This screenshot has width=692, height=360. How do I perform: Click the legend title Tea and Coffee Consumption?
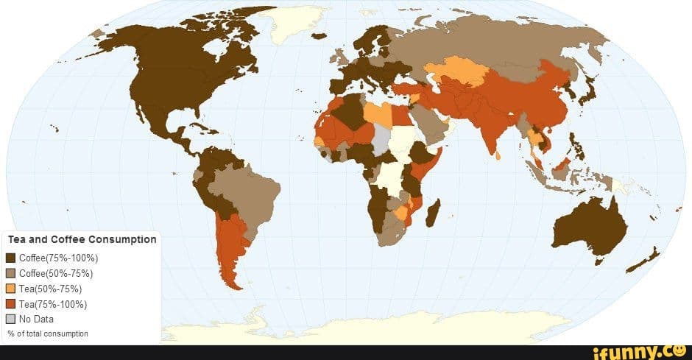tap(82, 239)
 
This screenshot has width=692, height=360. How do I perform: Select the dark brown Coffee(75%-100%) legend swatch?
tap(10, 258)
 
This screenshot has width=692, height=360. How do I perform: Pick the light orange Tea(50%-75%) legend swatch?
tap(10, 289)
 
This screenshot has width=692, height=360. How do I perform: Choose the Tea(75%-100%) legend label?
tap(53, 304)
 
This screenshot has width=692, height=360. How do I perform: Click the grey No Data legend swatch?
tap(10, 320)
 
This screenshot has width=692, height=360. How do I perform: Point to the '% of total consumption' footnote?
tap(48, 333)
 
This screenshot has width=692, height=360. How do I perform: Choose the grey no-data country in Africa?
tap(381, 138)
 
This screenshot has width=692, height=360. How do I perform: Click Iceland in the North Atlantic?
tap(319, 35)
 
